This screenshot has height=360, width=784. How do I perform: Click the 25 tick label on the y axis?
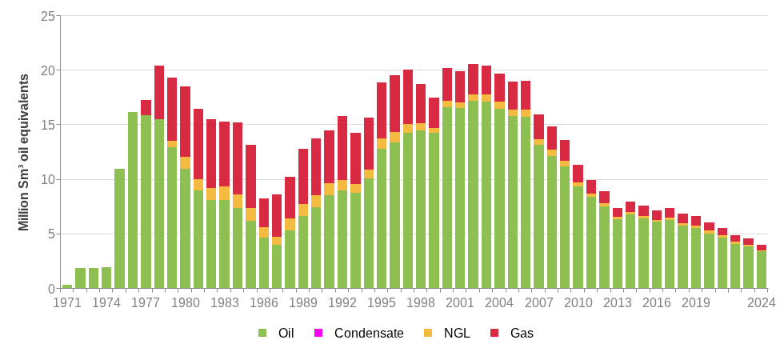(48, 16)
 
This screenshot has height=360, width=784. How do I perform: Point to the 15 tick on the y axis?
(48, 125)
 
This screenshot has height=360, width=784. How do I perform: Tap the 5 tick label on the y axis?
(51, 234)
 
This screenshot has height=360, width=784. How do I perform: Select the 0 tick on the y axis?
(51, 289)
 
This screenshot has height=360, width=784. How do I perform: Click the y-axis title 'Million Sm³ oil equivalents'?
(24, 152)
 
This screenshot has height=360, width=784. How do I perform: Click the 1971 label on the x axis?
(67, 302)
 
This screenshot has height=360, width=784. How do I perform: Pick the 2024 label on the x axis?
(762, 302)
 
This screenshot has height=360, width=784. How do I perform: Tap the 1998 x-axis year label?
(421, 302)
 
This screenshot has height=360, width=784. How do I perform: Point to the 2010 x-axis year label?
(578, 302)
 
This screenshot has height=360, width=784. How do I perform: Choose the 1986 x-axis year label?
(264, 302)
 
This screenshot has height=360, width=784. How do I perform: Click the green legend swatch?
(262, 333)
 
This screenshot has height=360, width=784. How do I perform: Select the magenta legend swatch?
(318, 333)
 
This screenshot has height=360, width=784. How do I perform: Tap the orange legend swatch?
(428, 333)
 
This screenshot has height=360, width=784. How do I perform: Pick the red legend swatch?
(494, 333)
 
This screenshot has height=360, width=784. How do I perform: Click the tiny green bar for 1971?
(67, 286)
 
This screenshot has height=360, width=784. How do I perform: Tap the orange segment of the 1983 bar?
(224, 193)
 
